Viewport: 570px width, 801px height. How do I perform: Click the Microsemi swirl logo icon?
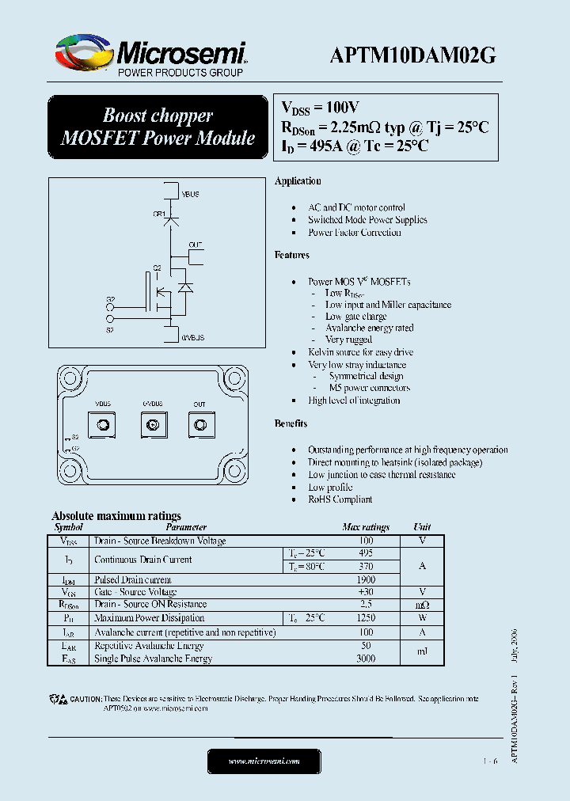click(x=82, y=55)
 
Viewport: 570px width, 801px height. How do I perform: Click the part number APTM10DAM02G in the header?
click(x=412, y=55)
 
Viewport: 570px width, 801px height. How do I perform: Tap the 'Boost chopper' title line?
click(x=158, y=116)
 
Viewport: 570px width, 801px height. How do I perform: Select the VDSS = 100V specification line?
click(x=321, y=107)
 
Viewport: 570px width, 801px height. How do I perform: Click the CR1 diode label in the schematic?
click(x=158, y=214)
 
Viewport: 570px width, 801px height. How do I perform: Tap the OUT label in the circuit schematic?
click(x=196, y=245)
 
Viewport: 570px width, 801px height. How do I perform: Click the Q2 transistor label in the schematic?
click(x=157, y=268)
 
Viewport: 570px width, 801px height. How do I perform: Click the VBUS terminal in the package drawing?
click(x=103, y=426)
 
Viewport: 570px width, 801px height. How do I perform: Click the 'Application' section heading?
click(x=298, y=181)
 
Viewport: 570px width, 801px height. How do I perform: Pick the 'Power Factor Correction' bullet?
click(x=354, y=233)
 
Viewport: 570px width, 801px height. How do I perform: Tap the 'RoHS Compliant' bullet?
click(x=340, y=499)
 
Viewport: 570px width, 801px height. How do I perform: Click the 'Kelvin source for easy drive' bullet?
click(x=360, y=352)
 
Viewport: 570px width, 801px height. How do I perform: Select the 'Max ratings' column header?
click(x=365, y=527)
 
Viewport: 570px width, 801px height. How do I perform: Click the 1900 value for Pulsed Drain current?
click(x=365, y=579)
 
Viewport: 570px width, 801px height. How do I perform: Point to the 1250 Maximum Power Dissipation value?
click(x=365, y=617)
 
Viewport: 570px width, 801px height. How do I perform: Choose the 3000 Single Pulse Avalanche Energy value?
click(x=365, y=658)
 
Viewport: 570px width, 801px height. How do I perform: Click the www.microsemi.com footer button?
click(x=264, y=761)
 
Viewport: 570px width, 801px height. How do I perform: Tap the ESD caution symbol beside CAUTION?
click(x=58, y=700)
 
